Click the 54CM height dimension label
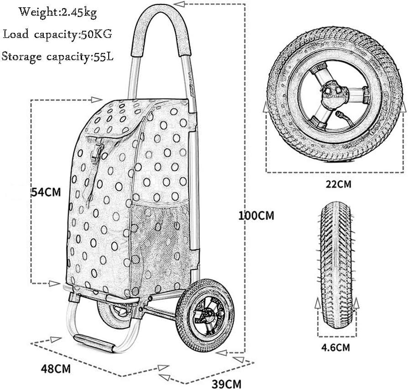(46, 192)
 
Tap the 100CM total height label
(256, 216)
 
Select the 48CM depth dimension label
(56, 369)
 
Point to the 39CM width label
(226, 384)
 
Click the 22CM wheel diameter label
(339, 184)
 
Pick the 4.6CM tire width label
(335, 348)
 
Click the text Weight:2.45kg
(58, 12)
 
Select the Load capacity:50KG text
(57, 34)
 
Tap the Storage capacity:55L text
(57, 57)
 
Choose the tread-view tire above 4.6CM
(335, 265)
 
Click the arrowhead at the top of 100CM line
(179, 4)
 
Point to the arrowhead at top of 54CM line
(97, 99)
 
